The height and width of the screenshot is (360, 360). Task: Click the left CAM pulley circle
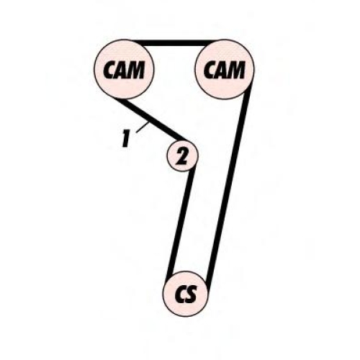(124, 69)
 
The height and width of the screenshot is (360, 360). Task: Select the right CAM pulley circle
(225, 69)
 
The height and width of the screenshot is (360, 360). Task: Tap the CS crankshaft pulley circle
(185, 294)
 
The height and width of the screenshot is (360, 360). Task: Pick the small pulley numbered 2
(182, 156)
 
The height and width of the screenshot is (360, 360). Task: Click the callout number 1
(125, 138)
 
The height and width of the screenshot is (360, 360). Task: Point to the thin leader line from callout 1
(143, 127)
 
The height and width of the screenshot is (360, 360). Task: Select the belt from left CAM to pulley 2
(149, 119)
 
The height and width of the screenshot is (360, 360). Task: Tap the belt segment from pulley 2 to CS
(181, 222)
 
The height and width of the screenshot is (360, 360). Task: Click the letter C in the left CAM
(109, 70)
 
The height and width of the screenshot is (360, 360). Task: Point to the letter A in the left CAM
(122, 70)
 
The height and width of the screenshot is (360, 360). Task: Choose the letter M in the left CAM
(137, 70)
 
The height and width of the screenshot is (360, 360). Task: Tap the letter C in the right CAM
(210, 70)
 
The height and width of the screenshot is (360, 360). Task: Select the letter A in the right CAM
(223, 70)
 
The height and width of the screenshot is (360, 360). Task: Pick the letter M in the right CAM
(238, 70)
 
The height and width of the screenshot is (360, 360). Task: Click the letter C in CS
(181, 294)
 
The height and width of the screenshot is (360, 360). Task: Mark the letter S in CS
(192, 294)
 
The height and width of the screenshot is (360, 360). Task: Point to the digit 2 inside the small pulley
(181, 156)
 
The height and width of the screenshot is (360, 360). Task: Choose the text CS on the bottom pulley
(186, 294)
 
